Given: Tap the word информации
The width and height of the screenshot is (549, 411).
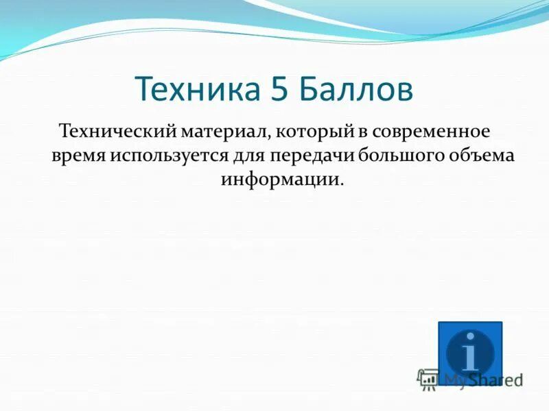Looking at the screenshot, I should [279, 179].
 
